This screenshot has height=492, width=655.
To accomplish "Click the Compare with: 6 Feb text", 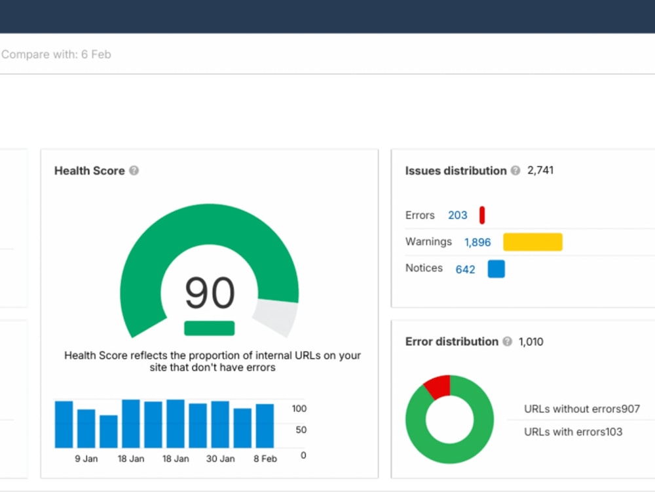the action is [x=56, y=54].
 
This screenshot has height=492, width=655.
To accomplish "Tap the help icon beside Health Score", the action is [x=134, y=171].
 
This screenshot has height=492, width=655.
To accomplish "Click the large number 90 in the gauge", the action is [x=210, y=293].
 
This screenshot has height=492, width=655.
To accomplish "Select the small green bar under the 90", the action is [x=210, y=328].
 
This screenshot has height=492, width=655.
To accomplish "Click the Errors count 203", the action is [x=457, y=215].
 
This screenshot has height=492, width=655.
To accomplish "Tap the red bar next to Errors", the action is [x=482, y=215].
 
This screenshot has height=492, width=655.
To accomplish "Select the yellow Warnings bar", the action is [x=533, y=242].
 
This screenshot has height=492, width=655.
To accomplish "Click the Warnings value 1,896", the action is [x=477, y=242].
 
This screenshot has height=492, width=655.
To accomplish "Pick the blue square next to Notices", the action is [x=496, y=269].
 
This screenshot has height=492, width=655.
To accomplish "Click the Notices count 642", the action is [x=465, y=270].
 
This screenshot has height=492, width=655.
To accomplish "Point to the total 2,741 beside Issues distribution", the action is [x=540, y=171].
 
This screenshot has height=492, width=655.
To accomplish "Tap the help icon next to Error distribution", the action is [x=508, y=341].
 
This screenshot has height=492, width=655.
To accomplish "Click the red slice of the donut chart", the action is [x=439, y=386].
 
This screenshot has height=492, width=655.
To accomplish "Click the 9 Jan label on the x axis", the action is [x=86, y=459].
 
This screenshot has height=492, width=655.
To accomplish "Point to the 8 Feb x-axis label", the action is [x=265, y=459].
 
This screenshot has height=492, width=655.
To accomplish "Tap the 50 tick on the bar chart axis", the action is [x=301, y=430].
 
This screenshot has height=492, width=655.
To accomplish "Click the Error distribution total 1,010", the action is [x=531, y=342].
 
